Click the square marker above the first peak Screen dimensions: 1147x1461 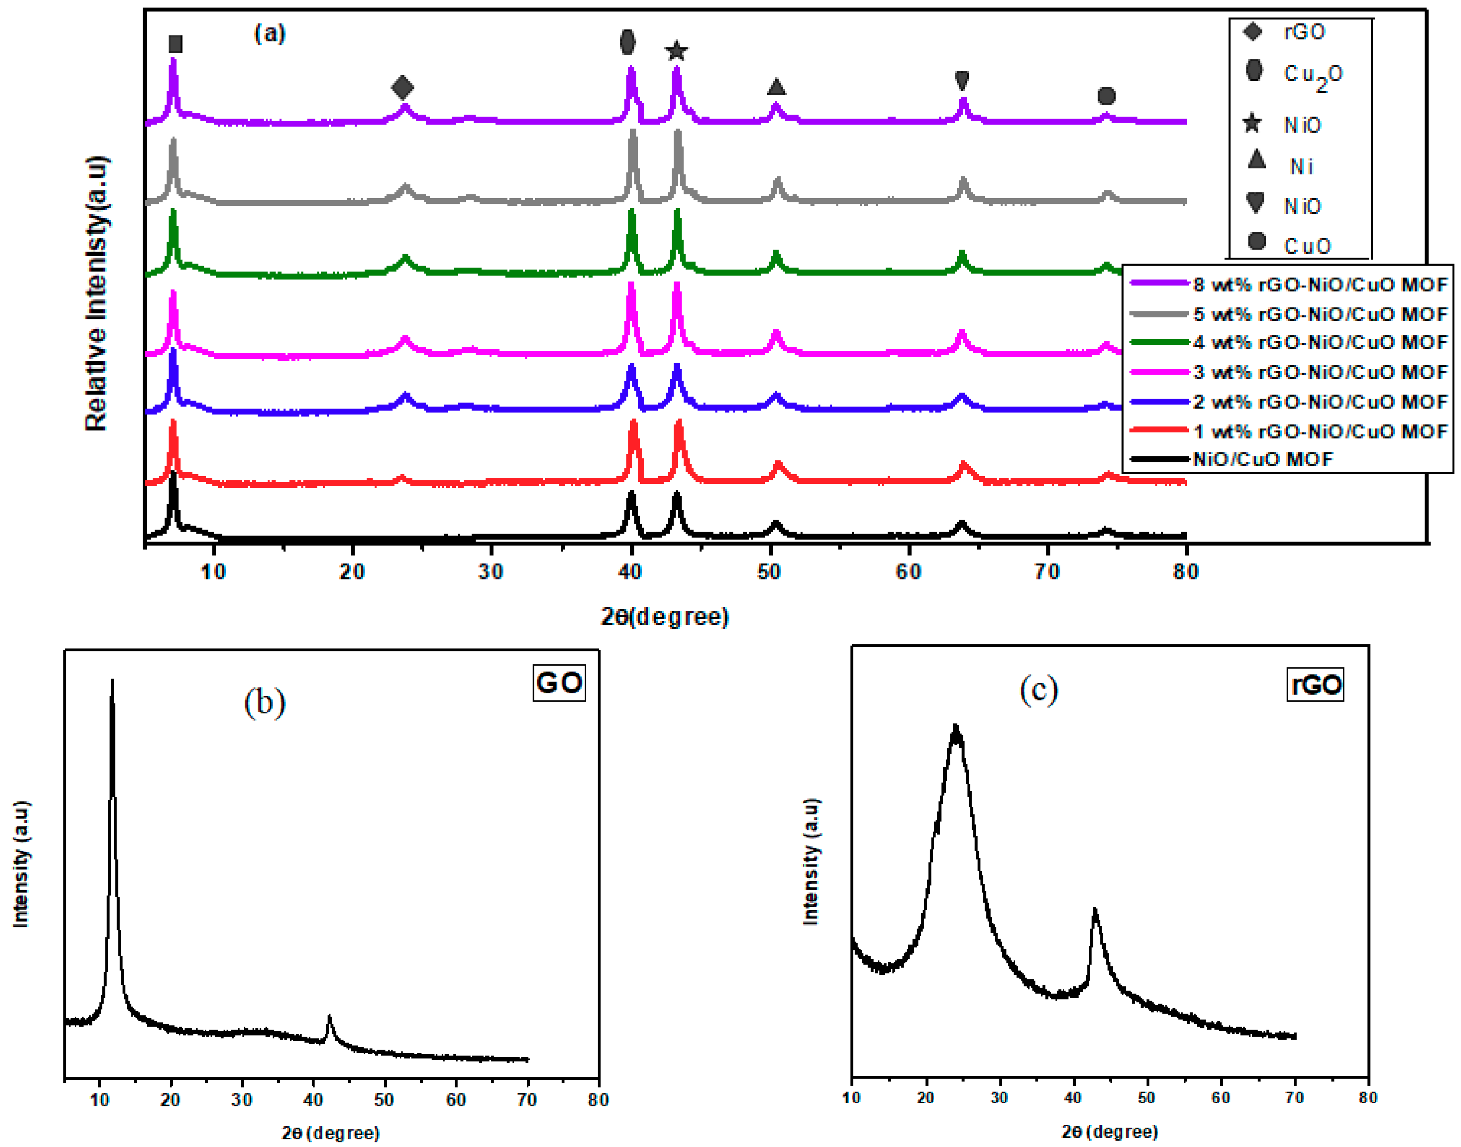(175, 44)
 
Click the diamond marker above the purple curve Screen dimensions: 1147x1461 (402, 87)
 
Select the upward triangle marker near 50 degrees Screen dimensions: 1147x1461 (776, 87)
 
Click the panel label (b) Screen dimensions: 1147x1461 (265, 702)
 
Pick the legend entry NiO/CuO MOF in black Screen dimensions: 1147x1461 (1262, 459)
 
